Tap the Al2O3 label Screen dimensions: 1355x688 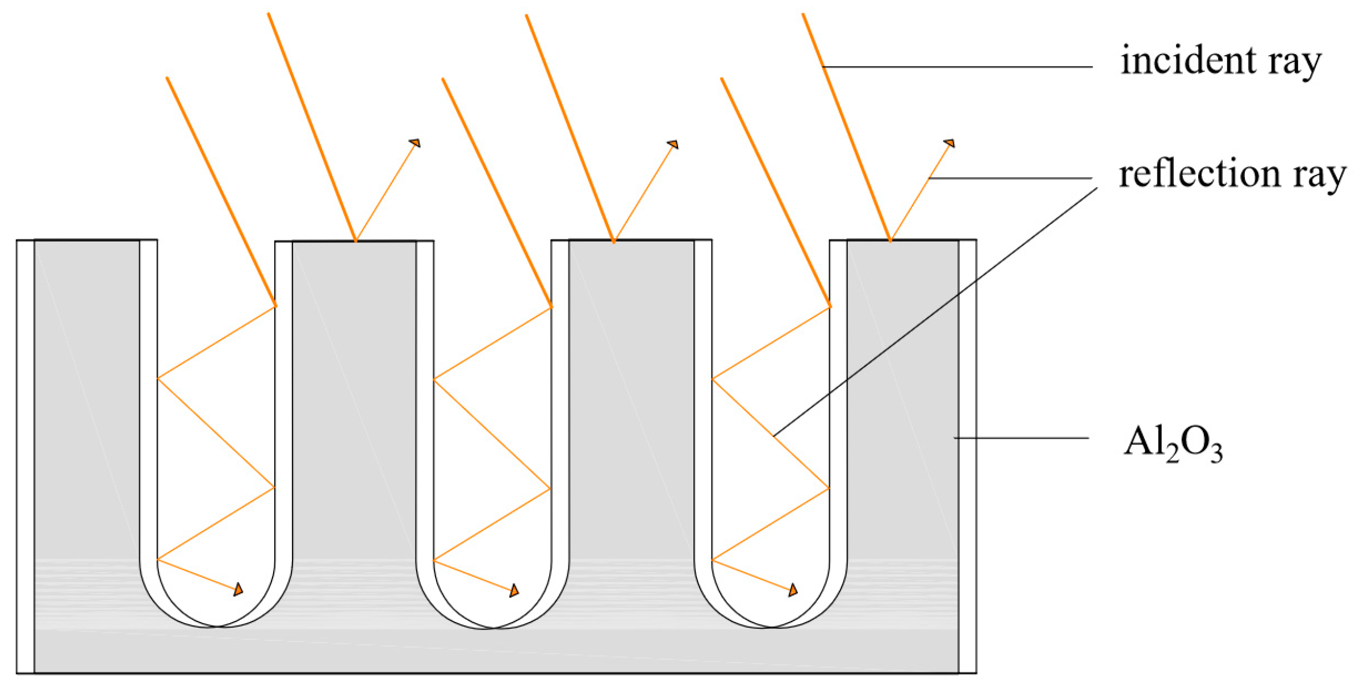click(1173, 444)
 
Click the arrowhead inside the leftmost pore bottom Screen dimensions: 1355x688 click(239, 589)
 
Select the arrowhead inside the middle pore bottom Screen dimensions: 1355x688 click(514, 590)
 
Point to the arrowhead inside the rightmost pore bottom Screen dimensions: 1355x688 click(793, 590)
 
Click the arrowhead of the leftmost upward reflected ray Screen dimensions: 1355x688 click(415, 143)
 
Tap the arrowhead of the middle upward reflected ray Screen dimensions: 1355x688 click(673, 144)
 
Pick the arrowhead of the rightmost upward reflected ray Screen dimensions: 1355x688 click(950, 143)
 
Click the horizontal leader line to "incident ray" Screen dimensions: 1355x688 click(957, 66)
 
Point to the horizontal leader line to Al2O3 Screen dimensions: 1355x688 click(1021, 438)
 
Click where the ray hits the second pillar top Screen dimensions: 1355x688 click(356, 241)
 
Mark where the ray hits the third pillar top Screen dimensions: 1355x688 click(614, 241)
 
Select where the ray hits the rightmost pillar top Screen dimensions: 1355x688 click(890, 240)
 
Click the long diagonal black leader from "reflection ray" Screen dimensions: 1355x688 click(935, 312)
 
